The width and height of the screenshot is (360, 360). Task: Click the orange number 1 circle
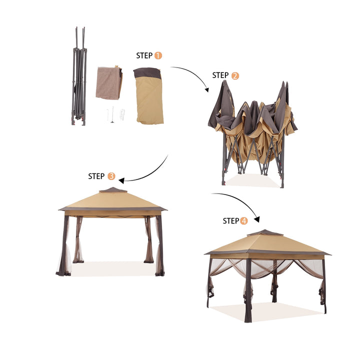158,55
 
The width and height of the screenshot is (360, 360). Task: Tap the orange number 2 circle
235,76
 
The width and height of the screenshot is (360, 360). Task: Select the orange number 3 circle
111,176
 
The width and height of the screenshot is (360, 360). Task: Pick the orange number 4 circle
243,221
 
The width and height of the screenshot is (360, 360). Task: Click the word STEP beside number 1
144,55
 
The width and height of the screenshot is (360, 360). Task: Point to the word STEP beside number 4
231,221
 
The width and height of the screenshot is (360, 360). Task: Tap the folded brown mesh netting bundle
109,82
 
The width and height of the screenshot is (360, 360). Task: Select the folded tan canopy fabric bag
149,95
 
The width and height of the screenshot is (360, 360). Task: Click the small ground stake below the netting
112,114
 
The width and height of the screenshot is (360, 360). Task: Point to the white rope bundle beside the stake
122,114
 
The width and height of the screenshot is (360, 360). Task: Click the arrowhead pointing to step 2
206,89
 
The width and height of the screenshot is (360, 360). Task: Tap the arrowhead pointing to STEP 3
121,180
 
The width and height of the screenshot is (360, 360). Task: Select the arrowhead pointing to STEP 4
257,219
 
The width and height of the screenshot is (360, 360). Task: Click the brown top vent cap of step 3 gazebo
113,190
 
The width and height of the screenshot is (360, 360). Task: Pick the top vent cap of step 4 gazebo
265,232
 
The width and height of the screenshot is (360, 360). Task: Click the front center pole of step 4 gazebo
248,290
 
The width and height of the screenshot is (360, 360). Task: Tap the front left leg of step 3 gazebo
64,245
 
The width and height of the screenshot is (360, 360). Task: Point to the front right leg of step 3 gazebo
160,245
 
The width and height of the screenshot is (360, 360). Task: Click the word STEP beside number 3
96,176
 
